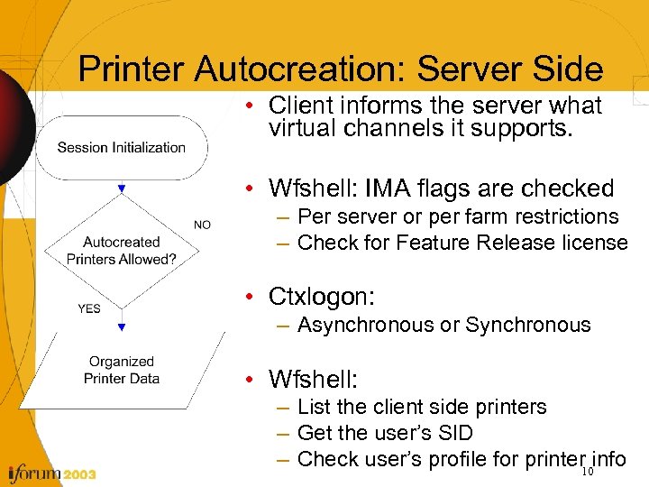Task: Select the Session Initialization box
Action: (122, 148)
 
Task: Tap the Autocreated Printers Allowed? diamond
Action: (122, 251)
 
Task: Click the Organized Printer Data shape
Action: (122, 371)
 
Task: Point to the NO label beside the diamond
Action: (202, 225)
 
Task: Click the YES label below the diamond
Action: (89, 308)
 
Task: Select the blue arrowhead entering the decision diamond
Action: (122, 189)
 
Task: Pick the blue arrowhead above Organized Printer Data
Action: (122, 326)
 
